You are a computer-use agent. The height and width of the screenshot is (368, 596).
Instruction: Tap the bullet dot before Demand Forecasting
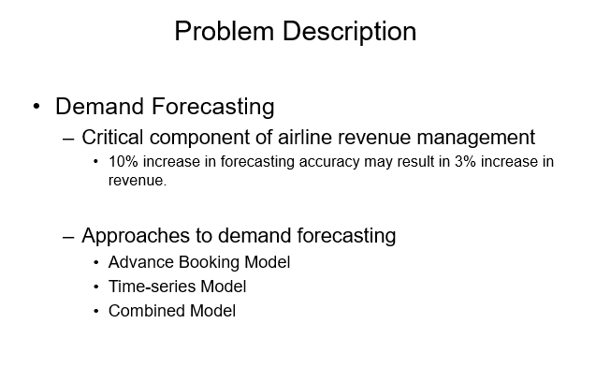(x=36, y=106)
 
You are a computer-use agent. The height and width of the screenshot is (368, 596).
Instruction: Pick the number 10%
(x=124, y=162)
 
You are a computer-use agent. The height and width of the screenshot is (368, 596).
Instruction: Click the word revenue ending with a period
(x=137, y=180)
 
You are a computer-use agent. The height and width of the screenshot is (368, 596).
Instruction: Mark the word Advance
(x=136, y=262)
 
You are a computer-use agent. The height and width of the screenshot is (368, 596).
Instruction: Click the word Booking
(x=200, y=262)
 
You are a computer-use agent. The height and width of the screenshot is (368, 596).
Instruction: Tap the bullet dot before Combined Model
(x=96, y=311)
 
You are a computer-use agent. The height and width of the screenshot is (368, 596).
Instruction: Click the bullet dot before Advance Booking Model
(x=96, y=262)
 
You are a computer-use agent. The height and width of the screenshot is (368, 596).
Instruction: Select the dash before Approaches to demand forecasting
(x=68, y=236)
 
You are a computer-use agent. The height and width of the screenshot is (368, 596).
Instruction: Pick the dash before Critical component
(x=68, y=139)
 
